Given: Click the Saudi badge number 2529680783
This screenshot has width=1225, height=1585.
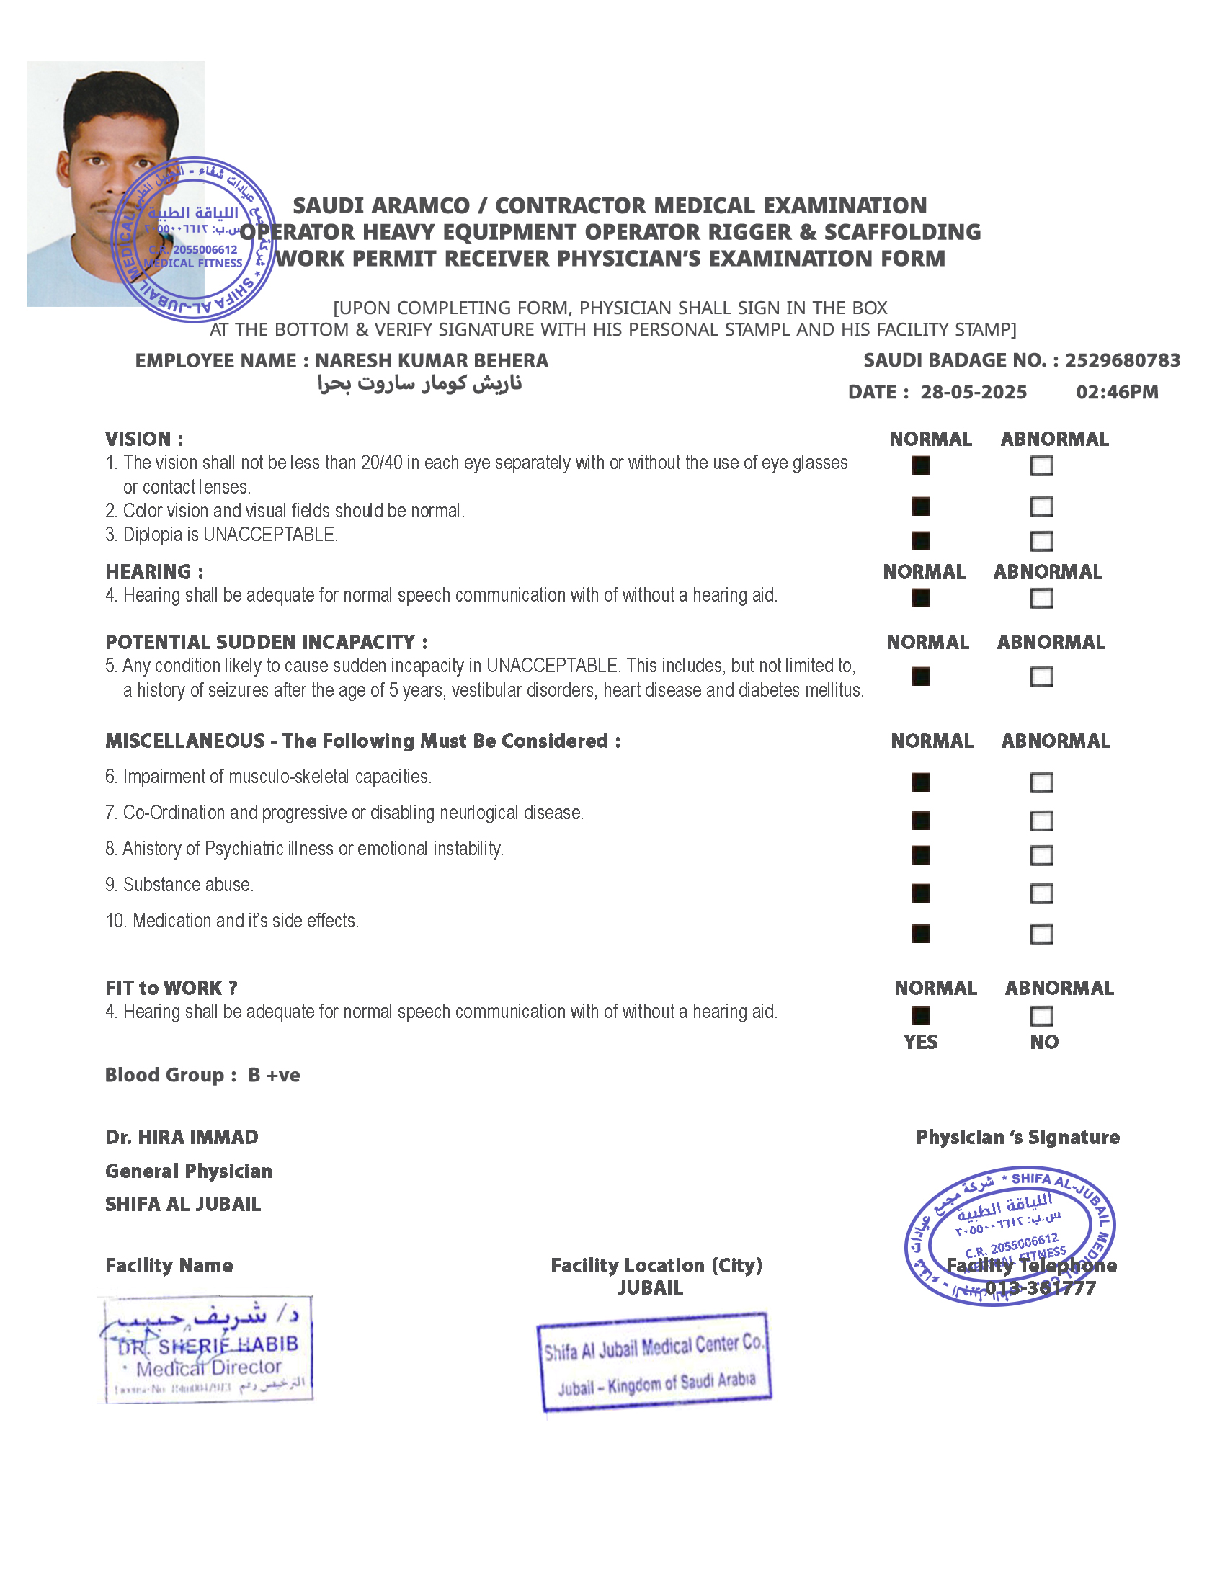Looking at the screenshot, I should tap(1122, 361).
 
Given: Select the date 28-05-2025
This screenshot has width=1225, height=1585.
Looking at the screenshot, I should tap(974, 393).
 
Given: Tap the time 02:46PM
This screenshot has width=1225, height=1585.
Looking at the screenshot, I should tap(1117, 393).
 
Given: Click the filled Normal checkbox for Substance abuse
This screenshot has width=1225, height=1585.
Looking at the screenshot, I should tap(920, 893).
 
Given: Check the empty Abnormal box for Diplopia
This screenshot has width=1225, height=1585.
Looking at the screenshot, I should tap(1041, 540).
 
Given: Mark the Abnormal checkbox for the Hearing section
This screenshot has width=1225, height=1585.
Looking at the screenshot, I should tap(1041, 598).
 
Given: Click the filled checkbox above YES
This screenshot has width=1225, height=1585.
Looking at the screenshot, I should tap(920, 1015).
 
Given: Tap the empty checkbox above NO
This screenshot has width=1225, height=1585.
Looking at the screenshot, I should tap(1041, 1015).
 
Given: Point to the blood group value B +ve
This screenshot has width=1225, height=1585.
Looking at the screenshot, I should tap(274, 1075).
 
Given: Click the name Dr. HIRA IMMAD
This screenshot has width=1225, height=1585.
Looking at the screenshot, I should tap(182, 1137).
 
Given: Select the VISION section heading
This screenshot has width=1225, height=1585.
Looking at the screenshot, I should tap(143, 439).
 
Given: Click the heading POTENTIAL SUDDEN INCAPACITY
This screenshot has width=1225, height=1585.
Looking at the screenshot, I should tap(266, 642).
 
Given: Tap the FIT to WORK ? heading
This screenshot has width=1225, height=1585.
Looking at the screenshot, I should tap(171, 988).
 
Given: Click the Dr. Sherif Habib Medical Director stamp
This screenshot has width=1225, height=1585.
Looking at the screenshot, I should tap(205, 1350).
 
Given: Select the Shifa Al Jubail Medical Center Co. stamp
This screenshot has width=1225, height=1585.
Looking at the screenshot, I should tap(653, 1362).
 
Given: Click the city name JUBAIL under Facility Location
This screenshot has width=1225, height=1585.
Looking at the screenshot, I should tap(650, 1288).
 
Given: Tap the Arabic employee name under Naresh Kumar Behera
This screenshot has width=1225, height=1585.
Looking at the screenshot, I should tap(419, 383).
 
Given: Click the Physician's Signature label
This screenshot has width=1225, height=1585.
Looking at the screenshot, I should tap(1017, 1137).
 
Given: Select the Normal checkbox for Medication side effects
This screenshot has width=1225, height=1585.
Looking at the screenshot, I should tap(920, 933).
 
